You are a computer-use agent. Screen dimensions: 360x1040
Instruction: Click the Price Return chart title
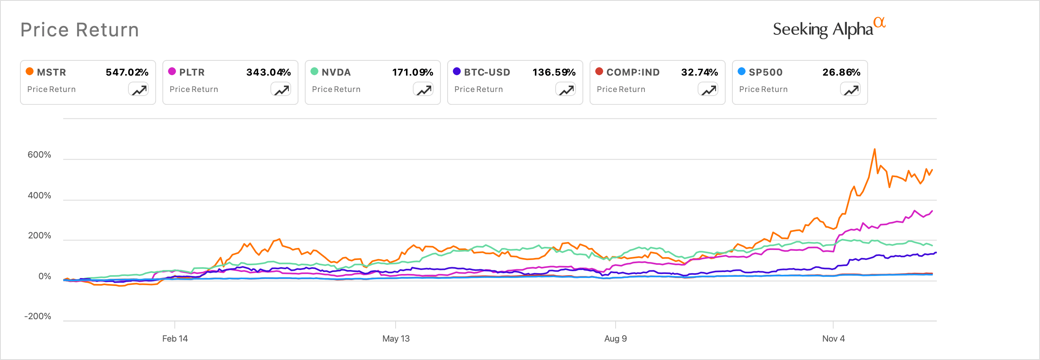click(80, 30)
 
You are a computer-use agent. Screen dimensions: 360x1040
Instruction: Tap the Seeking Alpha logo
click(828, 29)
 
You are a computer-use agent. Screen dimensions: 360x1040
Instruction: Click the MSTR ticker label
click(51, 72)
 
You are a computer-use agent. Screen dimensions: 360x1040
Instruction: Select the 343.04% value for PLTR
click(268, 72)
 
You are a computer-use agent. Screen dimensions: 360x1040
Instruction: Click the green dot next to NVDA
click(314, 72)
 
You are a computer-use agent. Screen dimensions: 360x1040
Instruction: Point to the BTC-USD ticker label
click(487, 72)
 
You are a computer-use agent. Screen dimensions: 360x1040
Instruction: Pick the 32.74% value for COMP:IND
click(699, 72)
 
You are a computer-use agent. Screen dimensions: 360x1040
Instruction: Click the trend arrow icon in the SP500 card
click(851, 90)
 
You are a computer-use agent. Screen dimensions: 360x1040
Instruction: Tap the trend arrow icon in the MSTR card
click(139, 90)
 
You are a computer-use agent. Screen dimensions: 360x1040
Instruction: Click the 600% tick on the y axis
click(39, 155)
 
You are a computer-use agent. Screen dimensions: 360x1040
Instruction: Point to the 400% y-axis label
click(39, 196)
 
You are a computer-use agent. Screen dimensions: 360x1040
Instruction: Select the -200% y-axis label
click(38, 316)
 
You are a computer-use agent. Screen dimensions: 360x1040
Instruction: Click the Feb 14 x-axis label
click(175, 339)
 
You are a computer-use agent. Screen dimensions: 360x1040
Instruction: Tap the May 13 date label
click(396, 339)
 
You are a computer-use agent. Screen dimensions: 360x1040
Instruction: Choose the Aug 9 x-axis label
click(615, 339)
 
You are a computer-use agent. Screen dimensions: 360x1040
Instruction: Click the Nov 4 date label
click(833, 339)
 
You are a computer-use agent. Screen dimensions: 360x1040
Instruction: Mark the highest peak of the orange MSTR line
click(874, 149)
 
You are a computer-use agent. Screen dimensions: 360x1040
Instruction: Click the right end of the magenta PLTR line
click(932, 211)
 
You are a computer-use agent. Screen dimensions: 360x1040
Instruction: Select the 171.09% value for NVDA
click(412, 72)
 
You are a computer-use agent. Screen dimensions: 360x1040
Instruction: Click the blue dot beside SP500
click(742, 72)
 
